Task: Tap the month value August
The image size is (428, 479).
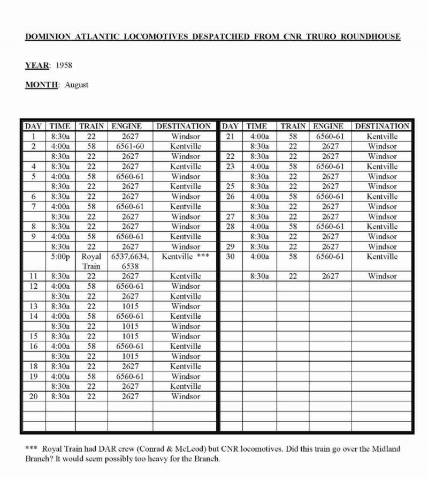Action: (x=77, y=85)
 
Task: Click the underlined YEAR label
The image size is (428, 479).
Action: (x=37, y=66)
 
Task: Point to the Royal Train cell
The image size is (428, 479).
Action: (x=91, y=261)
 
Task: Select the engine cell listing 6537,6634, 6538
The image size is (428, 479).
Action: (x=130, y=261)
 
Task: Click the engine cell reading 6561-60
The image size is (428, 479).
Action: (x=130, y=146)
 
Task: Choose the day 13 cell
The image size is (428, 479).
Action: (x=33, y=306)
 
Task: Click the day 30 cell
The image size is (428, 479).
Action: (x=231, y=257)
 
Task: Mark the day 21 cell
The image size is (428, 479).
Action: (x=231, y=136)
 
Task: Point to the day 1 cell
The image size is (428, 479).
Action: (x=33, y=136)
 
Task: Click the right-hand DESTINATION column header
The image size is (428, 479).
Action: (x=382, y=126)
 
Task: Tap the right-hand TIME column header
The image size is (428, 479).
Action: (x=257, y=126)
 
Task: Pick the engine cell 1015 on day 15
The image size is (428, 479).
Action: (x=130, y=336)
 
